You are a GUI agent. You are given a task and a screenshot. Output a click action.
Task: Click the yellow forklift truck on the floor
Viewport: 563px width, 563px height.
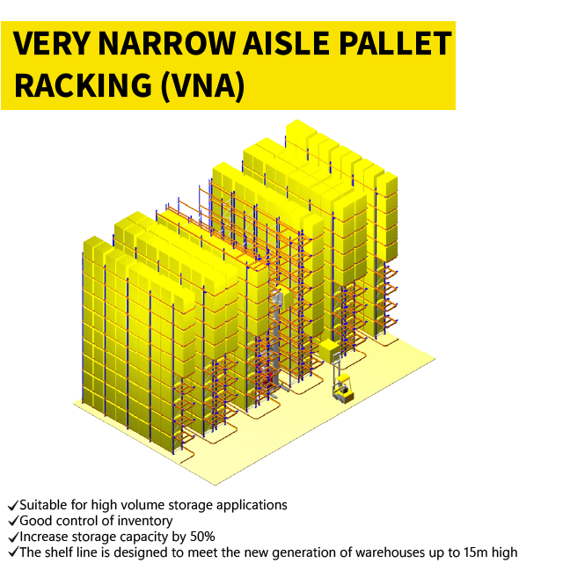[342, 387]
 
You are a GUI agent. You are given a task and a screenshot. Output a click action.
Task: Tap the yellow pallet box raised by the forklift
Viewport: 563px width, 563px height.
[329, 352]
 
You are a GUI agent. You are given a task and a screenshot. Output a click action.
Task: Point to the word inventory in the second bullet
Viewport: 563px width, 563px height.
[144, 521]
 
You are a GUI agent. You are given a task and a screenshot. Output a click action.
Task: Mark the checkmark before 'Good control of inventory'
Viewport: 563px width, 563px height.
[12, 522]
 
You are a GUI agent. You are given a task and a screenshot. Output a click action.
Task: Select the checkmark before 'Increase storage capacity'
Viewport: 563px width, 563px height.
[12, 537]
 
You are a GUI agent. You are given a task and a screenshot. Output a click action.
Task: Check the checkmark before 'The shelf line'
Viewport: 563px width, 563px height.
[12, 552]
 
